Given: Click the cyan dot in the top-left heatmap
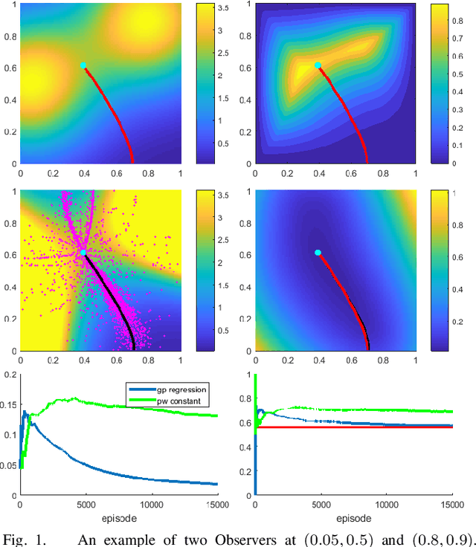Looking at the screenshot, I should pyautogui.click(x=83, y=65).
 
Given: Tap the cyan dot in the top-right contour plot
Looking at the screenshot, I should pyautogui.click(x=318, y=65).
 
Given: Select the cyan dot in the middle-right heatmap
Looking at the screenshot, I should pyautogui.click(x=318, y=253).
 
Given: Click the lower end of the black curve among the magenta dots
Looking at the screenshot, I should pyautogui.click(x=133, y=347).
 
